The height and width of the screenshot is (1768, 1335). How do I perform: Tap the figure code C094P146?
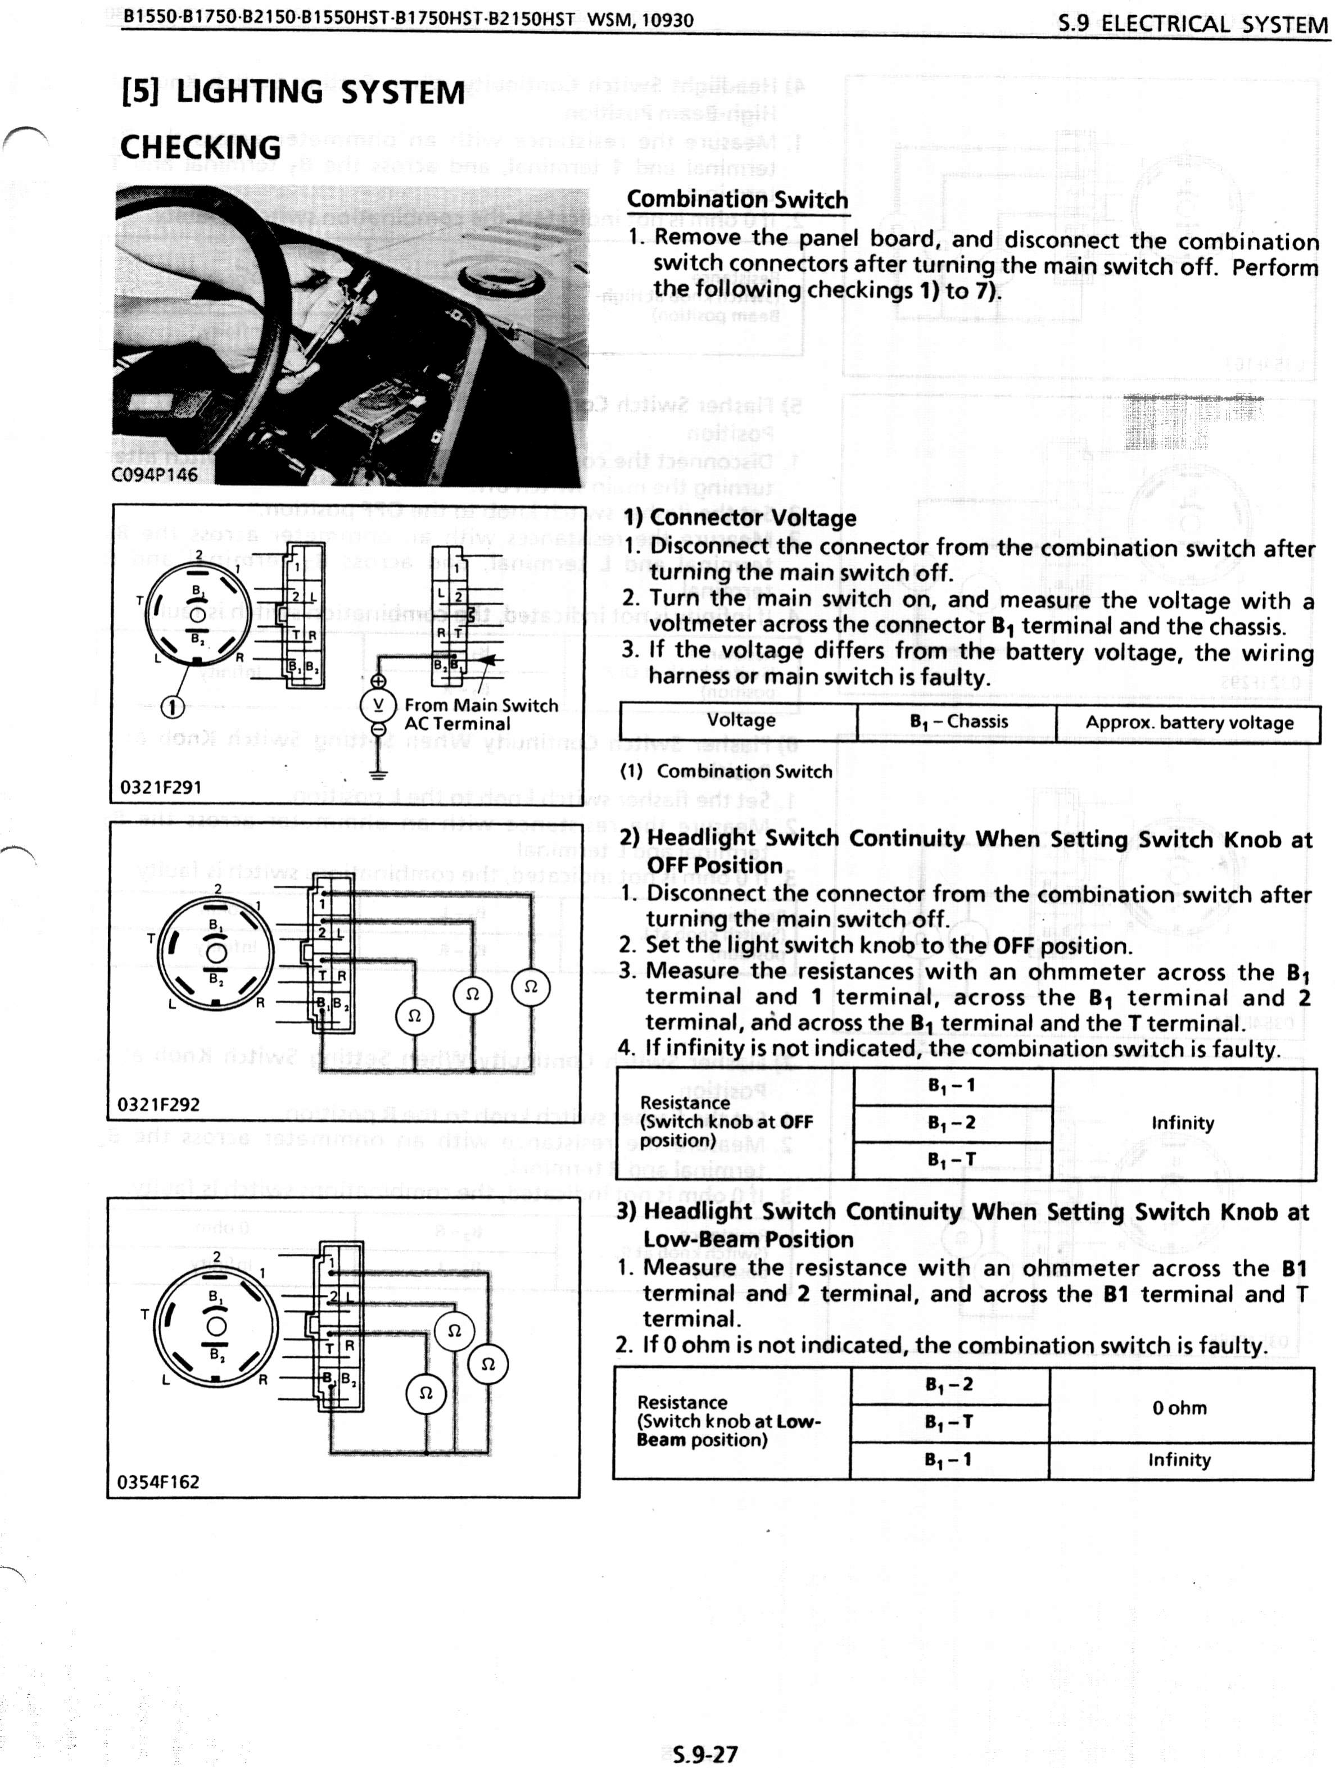pos(154,474)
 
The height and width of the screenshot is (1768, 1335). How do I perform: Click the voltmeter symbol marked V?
pos(378,705)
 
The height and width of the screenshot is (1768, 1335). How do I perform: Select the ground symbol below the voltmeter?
pos(378,773)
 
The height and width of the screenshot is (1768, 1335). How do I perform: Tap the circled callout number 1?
pos(173,706)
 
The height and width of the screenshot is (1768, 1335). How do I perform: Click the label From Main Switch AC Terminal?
pos(481,714)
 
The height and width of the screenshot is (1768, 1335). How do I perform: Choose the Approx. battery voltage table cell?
pos(1189,723)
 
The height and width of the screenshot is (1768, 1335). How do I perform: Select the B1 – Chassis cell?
pos(958,722)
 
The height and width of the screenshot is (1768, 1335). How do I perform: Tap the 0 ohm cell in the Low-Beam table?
pos(1179,1408)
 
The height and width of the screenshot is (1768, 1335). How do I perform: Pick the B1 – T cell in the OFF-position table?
pos(951,1160)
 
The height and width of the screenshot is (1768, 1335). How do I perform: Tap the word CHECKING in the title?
pos(201,148)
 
